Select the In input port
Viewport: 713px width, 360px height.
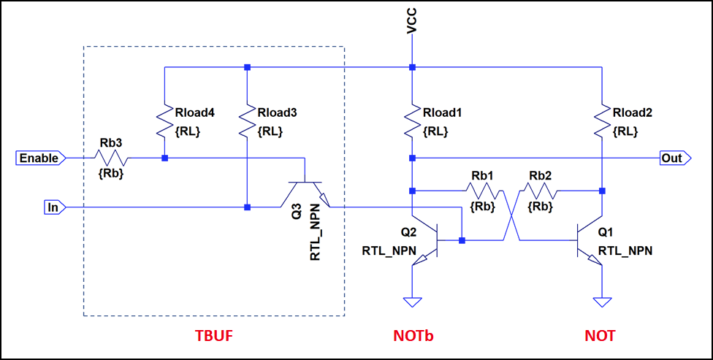pos(52,207)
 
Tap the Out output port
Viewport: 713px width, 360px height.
pos(671,158)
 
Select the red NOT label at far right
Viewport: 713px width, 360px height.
pos(600,336)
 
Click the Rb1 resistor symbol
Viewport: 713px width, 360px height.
pos(482,191)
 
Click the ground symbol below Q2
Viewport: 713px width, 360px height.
pos(413,301)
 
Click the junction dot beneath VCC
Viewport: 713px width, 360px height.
pos(413,67)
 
